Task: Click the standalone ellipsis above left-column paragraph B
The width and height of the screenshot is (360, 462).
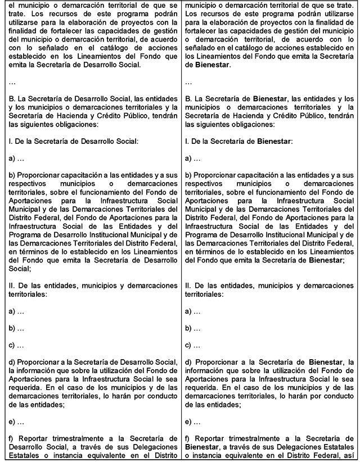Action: coord(12,82)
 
